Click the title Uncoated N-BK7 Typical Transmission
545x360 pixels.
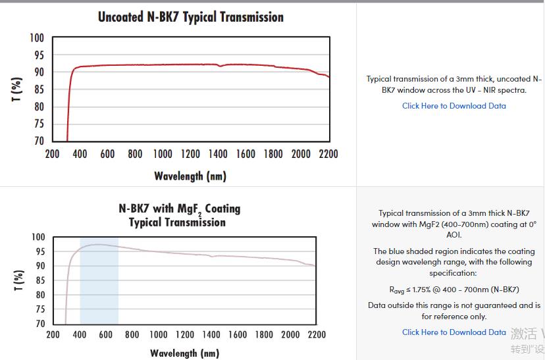pos(191,17)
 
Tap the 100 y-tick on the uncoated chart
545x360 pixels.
pos(37,38)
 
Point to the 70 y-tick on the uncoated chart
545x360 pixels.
pos(39,141)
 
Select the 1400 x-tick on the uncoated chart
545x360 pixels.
pos(218,154)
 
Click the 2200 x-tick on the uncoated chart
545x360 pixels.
pos(328,154)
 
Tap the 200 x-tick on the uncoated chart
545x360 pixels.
pos(53,154)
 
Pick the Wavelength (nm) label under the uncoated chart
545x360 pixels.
pos(190,176)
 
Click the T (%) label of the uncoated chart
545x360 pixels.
pos(18,89)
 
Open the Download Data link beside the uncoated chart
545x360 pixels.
pos(454,106)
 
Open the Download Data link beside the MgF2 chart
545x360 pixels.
pos(454,332)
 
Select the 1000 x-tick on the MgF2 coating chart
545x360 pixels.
pos(158,334)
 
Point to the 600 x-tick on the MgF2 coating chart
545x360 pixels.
pos(105,334)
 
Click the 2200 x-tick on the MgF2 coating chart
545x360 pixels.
pos(316,334)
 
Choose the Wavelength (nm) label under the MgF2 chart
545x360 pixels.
pos(184,353)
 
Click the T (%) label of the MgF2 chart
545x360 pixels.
pos(19,280)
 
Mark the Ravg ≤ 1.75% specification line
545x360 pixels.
pos(454,290)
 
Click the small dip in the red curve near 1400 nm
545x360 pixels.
pos(220,66)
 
